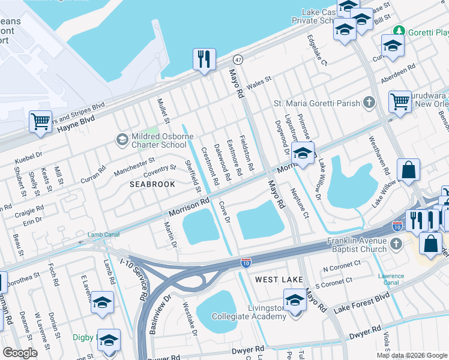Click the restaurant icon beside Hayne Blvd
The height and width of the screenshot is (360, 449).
pyautogui.click(x=204, y=59)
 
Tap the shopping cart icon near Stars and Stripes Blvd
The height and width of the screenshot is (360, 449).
pyautogui.click(x=40, y=121)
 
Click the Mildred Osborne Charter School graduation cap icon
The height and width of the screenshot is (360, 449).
pyautogui.click(x=122, y=140)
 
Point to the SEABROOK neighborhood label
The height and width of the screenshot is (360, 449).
pyautogui.click(x=152, y=184)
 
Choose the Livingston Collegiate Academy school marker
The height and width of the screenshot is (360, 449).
pyautogui.click(x=295, y=300)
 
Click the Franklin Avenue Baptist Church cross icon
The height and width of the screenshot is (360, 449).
pyautogui.click(x=395, y=244)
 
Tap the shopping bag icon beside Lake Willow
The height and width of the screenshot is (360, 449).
pyautogui.click(x=409, y=170)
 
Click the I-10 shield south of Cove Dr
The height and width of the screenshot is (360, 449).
pyautogui.click(x=246, y=263)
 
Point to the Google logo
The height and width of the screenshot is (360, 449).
pyautogui.click(x=20, y=352)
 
